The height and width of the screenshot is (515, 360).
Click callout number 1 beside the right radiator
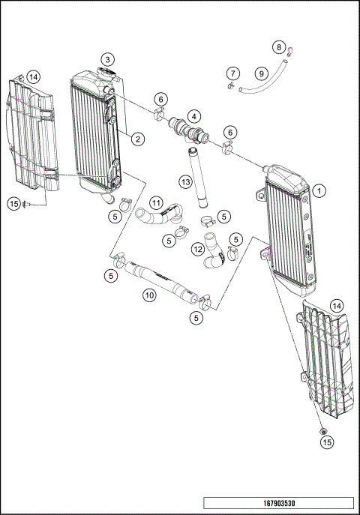click(319, 190)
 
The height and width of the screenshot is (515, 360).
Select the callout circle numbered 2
click(139, 138)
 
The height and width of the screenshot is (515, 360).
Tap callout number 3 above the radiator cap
click(109, 58)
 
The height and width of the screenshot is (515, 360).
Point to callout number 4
click(194, 116)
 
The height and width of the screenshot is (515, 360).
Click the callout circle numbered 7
click(233, 73)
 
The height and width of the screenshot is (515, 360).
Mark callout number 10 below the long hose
click(150, 295)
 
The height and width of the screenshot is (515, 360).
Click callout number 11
click(156, 202)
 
